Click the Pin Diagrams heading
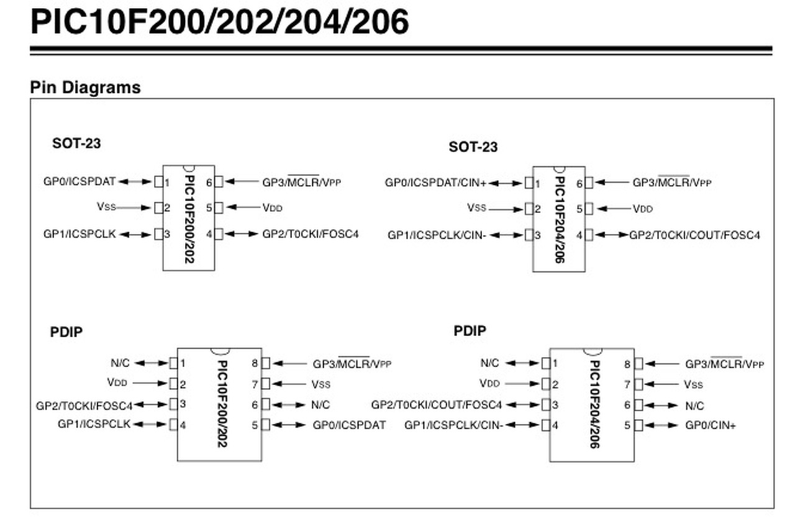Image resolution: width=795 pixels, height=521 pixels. click(85, 88)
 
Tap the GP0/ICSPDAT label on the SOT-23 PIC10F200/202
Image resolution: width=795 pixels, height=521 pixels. click(79, 181)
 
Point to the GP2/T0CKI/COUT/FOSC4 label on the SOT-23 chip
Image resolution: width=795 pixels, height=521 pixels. click(694, 235)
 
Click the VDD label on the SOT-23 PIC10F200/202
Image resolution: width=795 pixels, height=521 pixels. click(272, 208)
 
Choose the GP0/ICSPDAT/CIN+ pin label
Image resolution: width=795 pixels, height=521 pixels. click(435, 183)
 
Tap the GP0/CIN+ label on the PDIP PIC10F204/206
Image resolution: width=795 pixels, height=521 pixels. click(711, 426)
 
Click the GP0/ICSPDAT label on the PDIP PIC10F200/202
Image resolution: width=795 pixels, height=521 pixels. click(349, 425)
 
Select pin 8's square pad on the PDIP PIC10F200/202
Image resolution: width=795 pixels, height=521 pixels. click(266, 363)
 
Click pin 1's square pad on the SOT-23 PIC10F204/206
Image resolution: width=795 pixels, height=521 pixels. click(529, 183)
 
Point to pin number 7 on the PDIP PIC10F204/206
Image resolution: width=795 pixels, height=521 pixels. click(627, 385)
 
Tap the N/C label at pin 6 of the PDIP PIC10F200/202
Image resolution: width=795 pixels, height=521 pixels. click(320, 405)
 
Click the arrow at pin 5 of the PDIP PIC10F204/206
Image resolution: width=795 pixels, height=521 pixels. click(663, 426)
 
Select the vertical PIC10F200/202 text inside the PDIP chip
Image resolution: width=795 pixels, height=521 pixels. click(222, 404)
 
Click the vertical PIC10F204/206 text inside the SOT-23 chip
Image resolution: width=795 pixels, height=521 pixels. click(560, 219)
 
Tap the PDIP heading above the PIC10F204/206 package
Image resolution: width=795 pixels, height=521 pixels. click(470, 331)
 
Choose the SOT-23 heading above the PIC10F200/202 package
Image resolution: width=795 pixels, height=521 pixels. click(76, 143)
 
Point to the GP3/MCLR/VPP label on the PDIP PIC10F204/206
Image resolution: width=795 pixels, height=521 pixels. click(724, 364)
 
